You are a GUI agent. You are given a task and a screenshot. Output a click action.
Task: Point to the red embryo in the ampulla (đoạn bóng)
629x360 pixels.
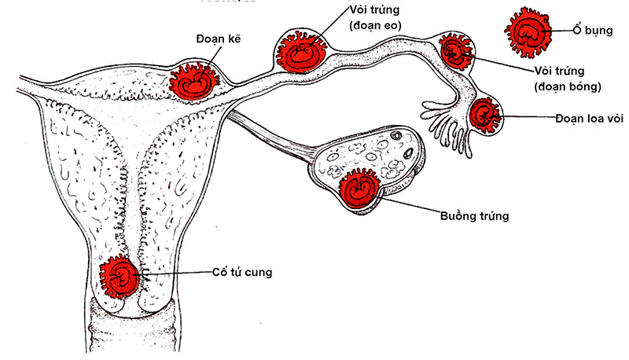click(456, 52)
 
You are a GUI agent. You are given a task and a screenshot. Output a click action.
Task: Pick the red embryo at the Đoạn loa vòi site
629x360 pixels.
click(485, 115)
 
